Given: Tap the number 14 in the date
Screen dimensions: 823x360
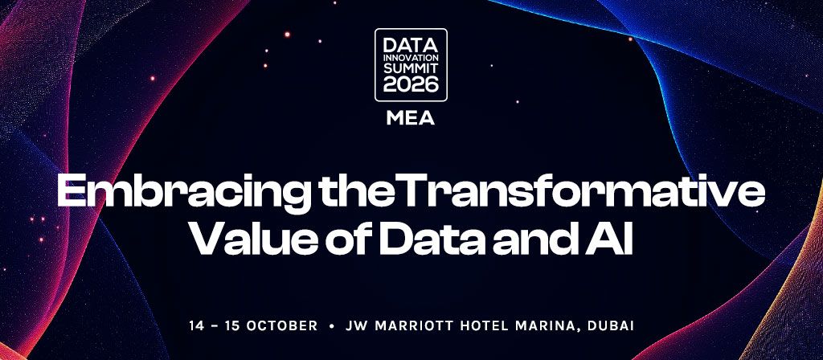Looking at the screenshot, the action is tap(196, 325).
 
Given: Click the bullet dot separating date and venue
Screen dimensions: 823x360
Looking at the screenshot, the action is tap(332, 326).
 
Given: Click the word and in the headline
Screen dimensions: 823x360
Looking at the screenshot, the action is tap(541, 239).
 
